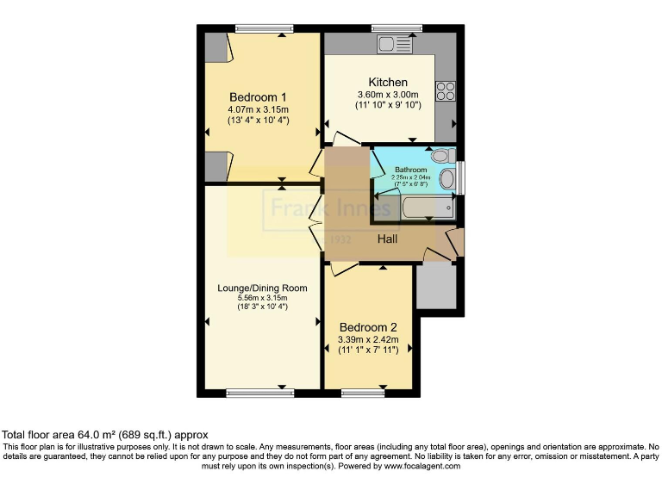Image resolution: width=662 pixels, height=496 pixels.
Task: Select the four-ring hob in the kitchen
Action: [x=446, y=90]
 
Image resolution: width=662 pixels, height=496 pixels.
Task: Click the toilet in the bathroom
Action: [x=441, y=156]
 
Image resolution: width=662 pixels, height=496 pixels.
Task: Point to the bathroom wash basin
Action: [x=447, y=179]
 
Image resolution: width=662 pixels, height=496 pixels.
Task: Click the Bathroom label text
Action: [x=410, y=170]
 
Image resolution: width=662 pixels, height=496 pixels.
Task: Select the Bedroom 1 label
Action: [x=258, y=96]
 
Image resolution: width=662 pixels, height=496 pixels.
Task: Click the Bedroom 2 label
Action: [x=368, y=327]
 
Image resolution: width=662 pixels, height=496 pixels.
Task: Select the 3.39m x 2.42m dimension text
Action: [x=368, y=340]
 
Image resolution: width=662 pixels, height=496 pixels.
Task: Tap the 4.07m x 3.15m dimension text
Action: [x=258, y=109]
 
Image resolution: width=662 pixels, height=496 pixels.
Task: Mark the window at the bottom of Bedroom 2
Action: [x=363, y=393]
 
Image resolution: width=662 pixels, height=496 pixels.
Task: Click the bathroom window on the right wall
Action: [x=460, y=177]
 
